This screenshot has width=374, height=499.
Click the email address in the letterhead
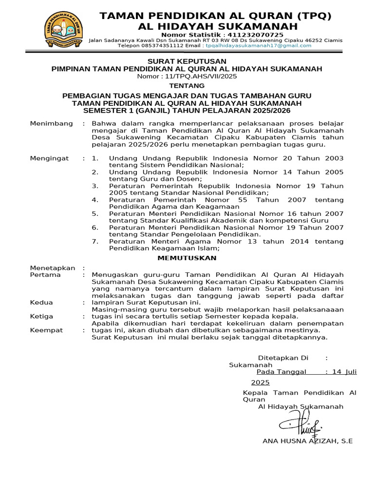(x=258, y=45)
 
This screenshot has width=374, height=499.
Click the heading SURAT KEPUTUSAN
(x=187, y=61)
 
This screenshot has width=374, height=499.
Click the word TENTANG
(x=187, y=85)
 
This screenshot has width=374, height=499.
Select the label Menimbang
(x=48, y=123)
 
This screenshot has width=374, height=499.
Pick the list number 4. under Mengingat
(x=95, y=200)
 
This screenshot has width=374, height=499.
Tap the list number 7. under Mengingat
(x=95, y=241)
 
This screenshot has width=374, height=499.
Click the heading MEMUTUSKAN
(x=187, y=258)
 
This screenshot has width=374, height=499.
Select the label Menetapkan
(x=53, y=268)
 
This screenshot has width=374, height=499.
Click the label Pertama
(x=45, y=275)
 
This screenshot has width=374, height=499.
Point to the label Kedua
(x=41, y=303)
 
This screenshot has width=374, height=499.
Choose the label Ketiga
(x=42, y=316)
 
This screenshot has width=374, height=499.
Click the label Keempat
(x=46, y=330)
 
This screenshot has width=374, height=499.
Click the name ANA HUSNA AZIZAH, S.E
(x=307, y=441)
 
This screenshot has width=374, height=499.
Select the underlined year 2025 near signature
(x=260, y=383)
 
